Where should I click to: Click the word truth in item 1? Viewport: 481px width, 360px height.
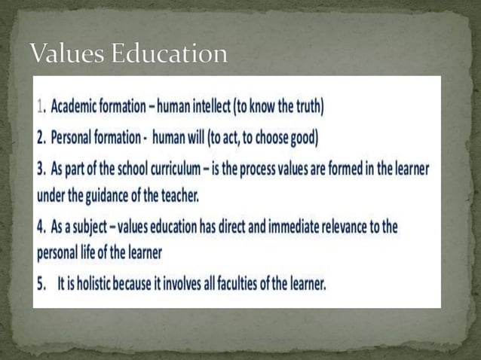307,107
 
